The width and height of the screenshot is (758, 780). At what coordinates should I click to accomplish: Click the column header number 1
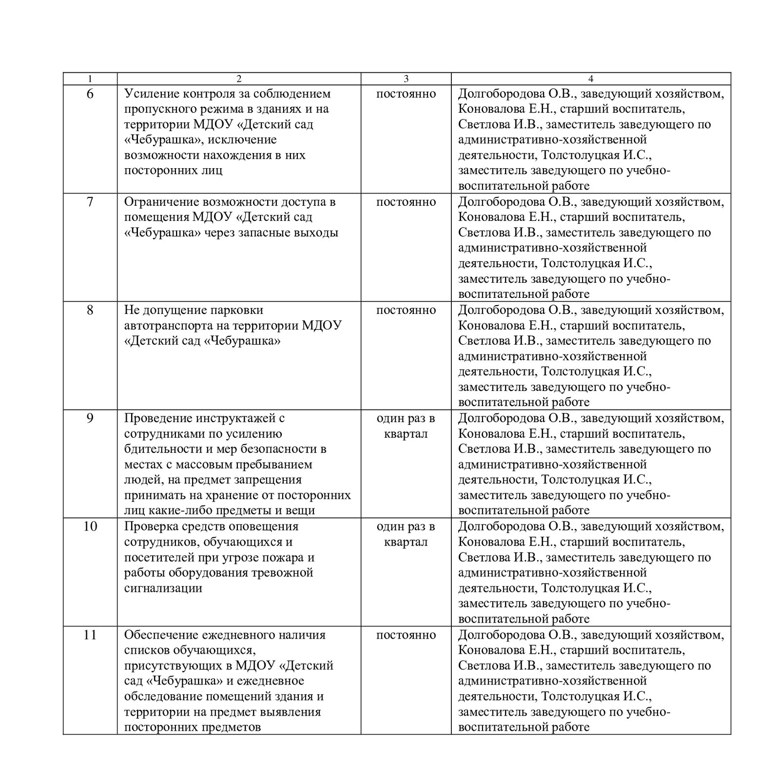point(90,79)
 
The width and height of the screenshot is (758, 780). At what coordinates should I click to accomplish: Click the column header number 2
point(238,79)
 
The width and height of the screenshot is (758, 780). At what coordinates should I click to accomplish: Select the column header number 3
point(406,79)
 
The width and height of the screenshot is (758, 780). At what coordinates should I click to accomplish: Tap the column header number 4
point(591,79)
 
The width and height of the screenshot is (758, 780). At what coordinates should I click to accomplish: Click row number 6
point(90,94)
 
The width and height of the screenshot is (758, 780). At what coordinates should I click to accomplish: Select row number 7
point(90,202)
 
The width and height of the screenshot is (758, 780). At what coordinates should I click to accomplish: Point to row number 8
point(90,310)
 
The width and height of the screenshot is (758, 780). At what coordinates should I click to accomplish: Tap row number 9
point(90,418)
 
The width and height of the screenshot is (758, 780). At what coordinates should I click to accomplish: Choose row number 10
point(90,526)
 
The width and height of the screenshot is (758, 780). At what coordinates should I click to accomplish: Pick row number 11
point(90,635)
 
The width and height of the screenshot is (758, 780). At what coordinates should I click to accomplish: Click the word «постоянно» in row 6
point(406,94)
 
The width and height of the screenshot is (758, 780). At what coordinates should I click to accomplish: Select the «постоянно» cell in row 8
point(406,310)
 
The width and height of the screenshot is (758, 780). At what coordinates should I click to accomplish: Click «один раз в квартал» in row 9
point(406,426)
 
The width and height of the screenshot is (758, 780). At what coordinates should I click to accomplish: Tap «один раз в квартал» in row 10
point(406,534)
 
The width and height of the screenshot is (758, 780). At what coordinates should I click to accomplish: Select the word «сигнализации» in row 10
point(163,588)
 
